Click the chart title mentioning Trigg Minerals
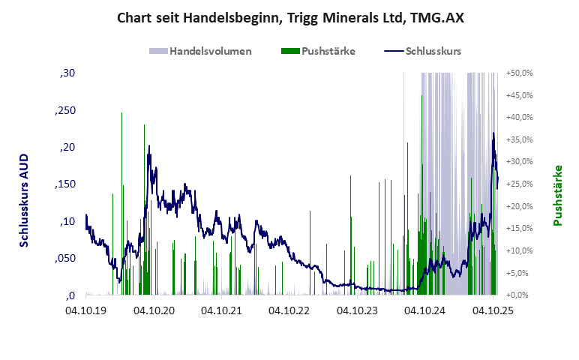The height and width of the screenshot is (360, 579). [x=290, y=17]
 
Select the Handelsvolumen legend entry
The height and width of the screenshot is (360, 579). [x=200, y=52]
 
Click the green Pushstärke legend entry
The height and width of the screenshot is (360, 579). [x=317, y=52]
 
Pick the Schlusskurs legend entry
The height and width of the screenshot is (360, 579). [x=422, y=52]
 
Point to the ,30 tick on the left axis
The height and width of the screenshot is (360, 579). [x=66, y=73]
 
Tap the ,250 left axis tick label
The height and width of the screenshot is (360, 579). [x=64, y=110]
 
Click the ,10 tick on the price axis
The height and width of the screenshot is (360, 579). [x=66, y=221]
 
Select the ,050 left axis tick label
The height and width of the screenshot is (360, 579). [x=64, y=259]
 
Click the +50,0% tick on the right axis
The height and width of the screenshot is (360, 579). [x=519, y=73]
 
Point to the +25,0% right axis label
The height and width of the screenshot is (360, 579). [x=519, y=184]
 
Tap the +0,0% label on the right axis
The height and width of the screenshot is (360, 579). [x=519, y=295]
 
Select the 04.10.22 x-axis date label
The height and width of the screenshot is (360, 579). [x=289, y=309]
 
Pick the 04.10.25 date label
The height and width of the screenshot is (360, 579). [x=493, y=309]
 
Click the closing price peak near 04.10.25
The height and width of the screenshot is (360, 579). [x=493, y=133]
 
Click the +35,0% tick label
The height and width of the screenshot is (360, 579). [x=519, y=139]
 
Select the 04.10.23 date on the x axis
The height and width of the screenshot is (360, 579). [x=358, y=309]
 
